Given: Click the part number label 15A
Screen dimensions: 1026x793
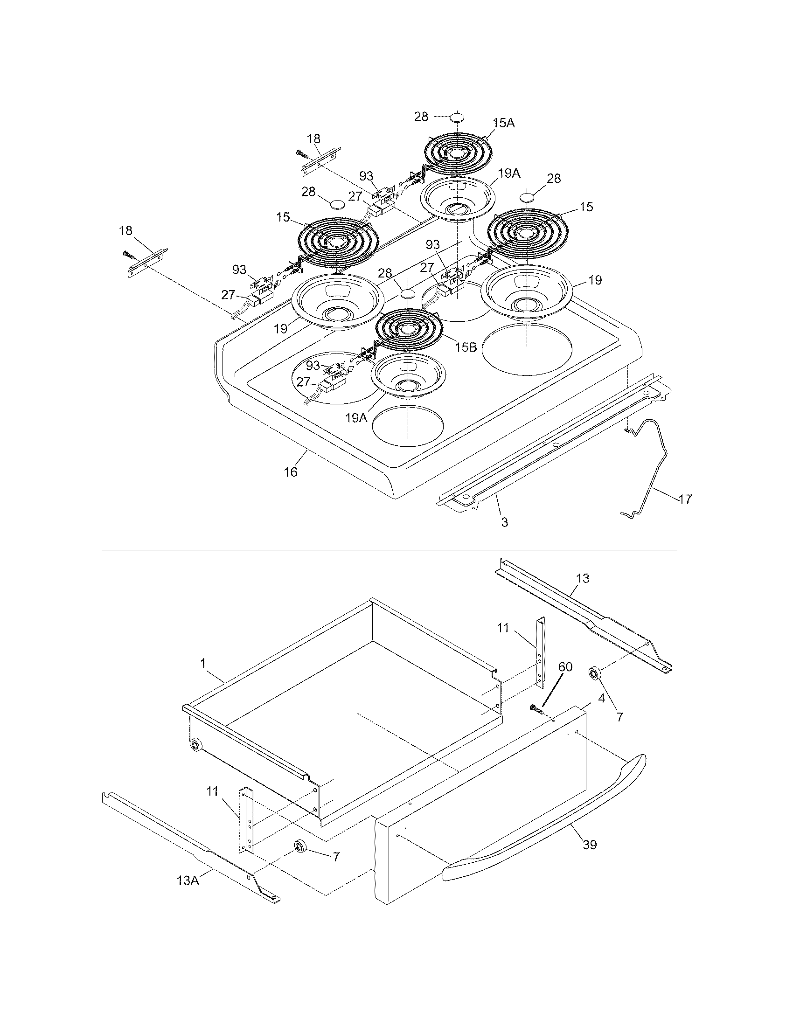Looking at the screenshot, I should click(504, 123).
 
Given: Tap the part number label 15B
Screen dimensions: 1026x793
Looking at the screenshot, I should click(466, 347).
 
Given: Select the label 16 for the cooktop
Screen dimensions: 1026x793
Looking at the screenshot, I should click(291, 471).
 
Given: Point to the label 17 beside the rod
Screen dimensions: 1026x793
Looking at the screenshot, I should click(685, 499).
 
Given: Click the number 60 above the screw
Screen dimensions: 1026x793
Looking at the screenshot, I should click(566, 666).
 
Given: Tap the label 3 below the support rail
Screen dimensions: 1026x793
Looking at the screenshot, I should click(505, 522).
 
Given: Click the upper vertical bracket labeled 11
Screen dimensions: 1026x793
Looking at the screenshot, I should click(541, 651).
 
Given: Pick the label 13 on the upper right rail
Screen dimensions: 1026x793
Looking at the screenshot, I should click(583, 578).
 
